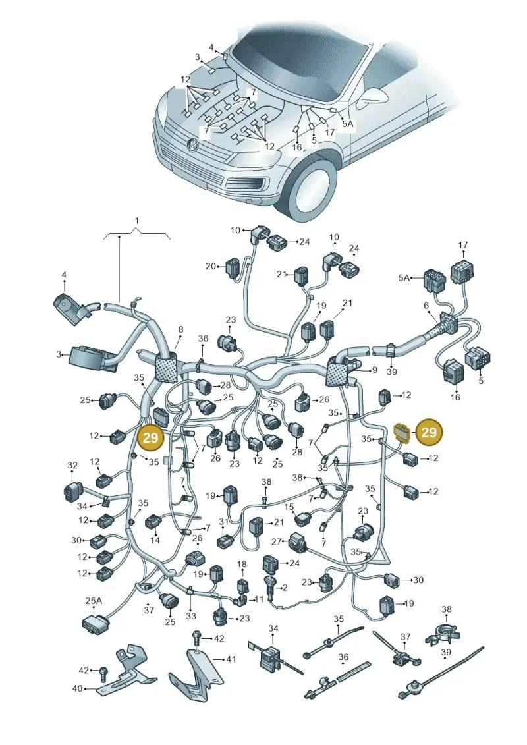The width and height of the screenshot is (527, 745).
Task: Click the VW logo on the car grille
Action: pos(192,145)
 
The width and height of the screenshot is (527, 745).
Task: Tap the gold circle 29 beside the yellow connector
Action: pos(429,432)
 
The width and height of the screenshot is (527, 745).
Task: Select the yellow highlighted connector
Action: pos(400,433)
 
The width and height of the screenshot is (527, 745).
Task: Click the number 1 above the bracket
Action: pos(137,221)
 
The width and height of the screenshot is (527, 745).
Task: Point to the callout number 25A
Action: pos(94,601)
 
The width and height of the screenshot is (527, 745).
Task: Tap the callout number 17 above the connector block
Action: pos(463,245)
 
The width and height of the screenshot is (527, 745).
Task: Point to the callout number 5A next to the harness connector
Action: pos(403,277)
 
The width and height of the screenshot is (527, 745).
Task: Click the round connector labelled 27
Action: pos(298,542)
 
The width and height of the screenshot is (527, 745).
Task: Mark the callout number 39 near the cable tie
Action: pos(391,372)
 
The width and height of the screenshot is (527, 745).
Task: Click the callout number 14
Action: pos(155,539)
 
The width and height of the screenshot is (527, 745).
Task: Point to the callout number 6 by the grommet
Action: pos(426,306)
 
